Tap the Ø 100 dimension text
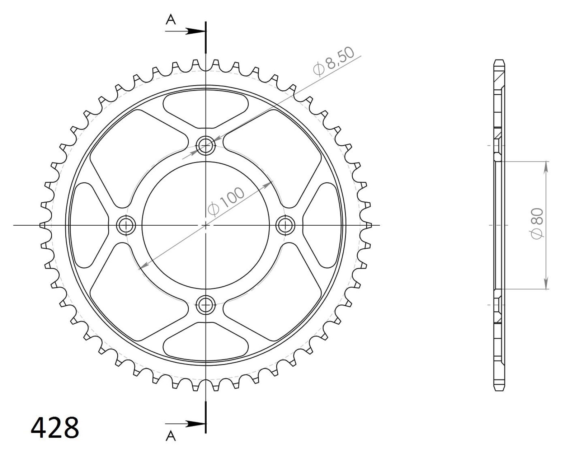click(x=226, y=201)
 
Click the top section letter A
click(x=171, y=20)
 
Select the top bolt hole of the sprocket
click(x=205, y=146)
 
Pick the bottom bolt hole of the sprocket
click(x=205, y=305)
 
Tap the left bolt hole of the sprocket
click(x=126, y=225)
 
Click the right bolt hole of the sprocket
click(x=285, y=225)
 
